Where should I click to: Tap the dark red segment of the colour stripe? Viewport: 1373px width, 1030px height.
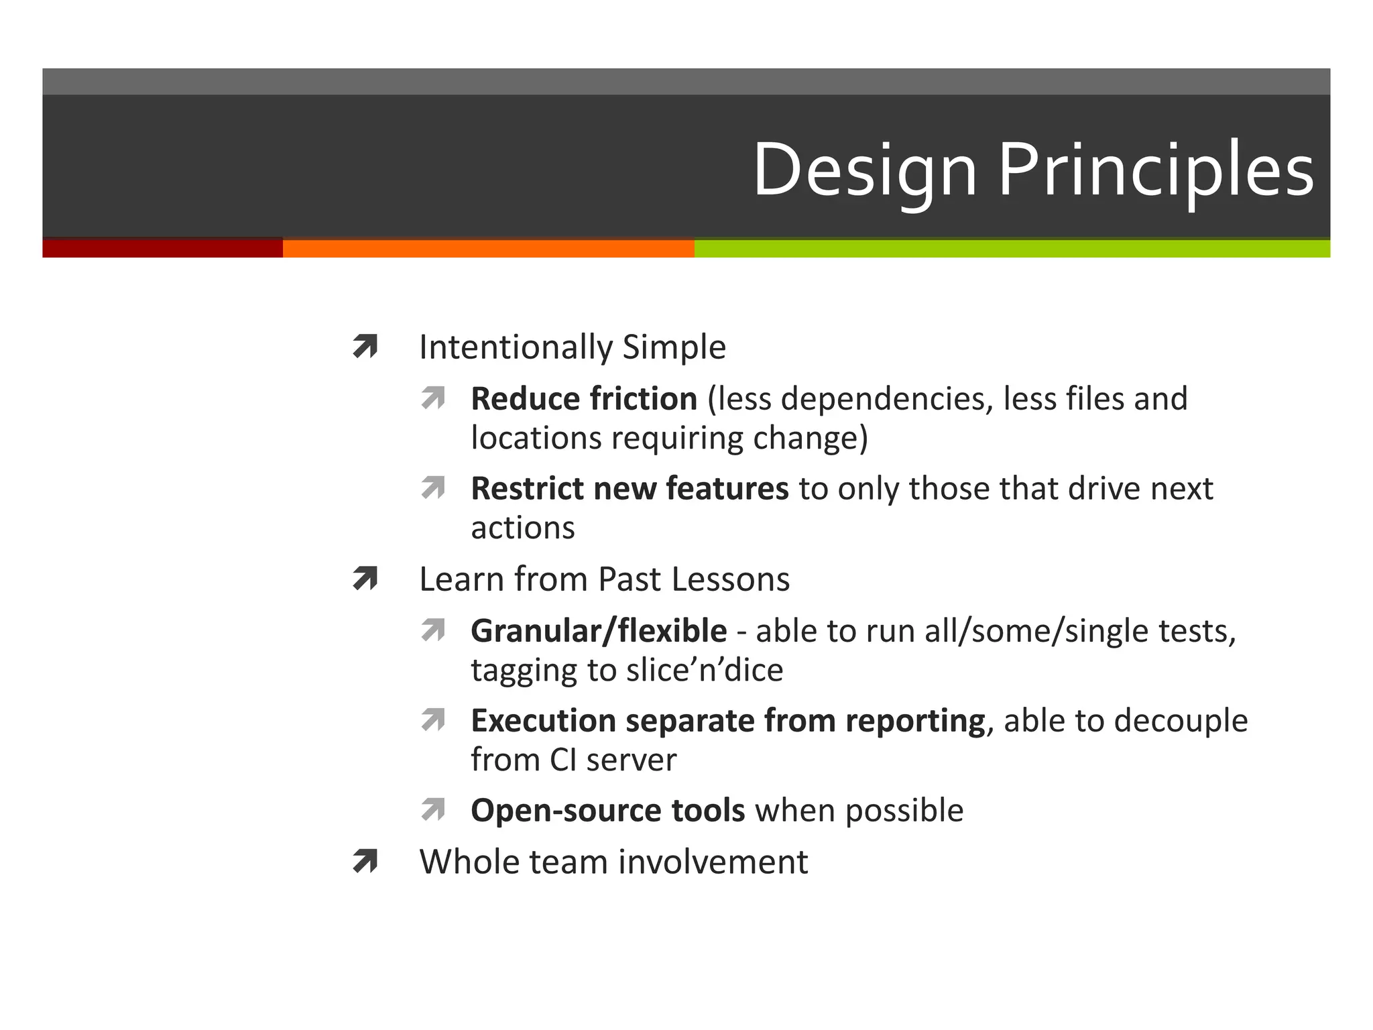162,248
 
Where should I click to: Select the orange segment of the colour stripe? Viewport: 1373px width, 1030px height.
488,248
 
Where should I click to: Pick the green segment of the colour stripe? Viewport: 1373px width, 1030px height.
1012,248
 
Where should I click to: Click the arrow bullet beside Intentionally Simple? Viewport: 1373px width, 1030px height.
365,347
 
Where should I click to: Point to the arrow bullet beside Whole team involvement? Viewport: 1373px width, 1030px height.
365,861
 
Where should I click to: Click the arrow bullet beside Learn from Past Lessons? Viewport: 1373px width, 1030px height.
365,579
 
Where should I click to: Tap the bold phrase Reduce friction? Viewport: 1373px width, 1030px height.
584,399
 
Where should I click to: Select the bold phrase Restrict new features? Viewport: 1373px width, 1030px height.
630,488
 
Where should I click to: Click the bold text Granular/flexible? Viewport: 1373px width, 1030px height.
599,631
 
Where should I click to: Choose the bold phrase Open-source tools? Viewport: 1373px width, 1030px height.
607,810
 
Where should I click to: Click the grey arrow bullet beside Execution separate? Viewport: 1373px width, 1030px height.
433,720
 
